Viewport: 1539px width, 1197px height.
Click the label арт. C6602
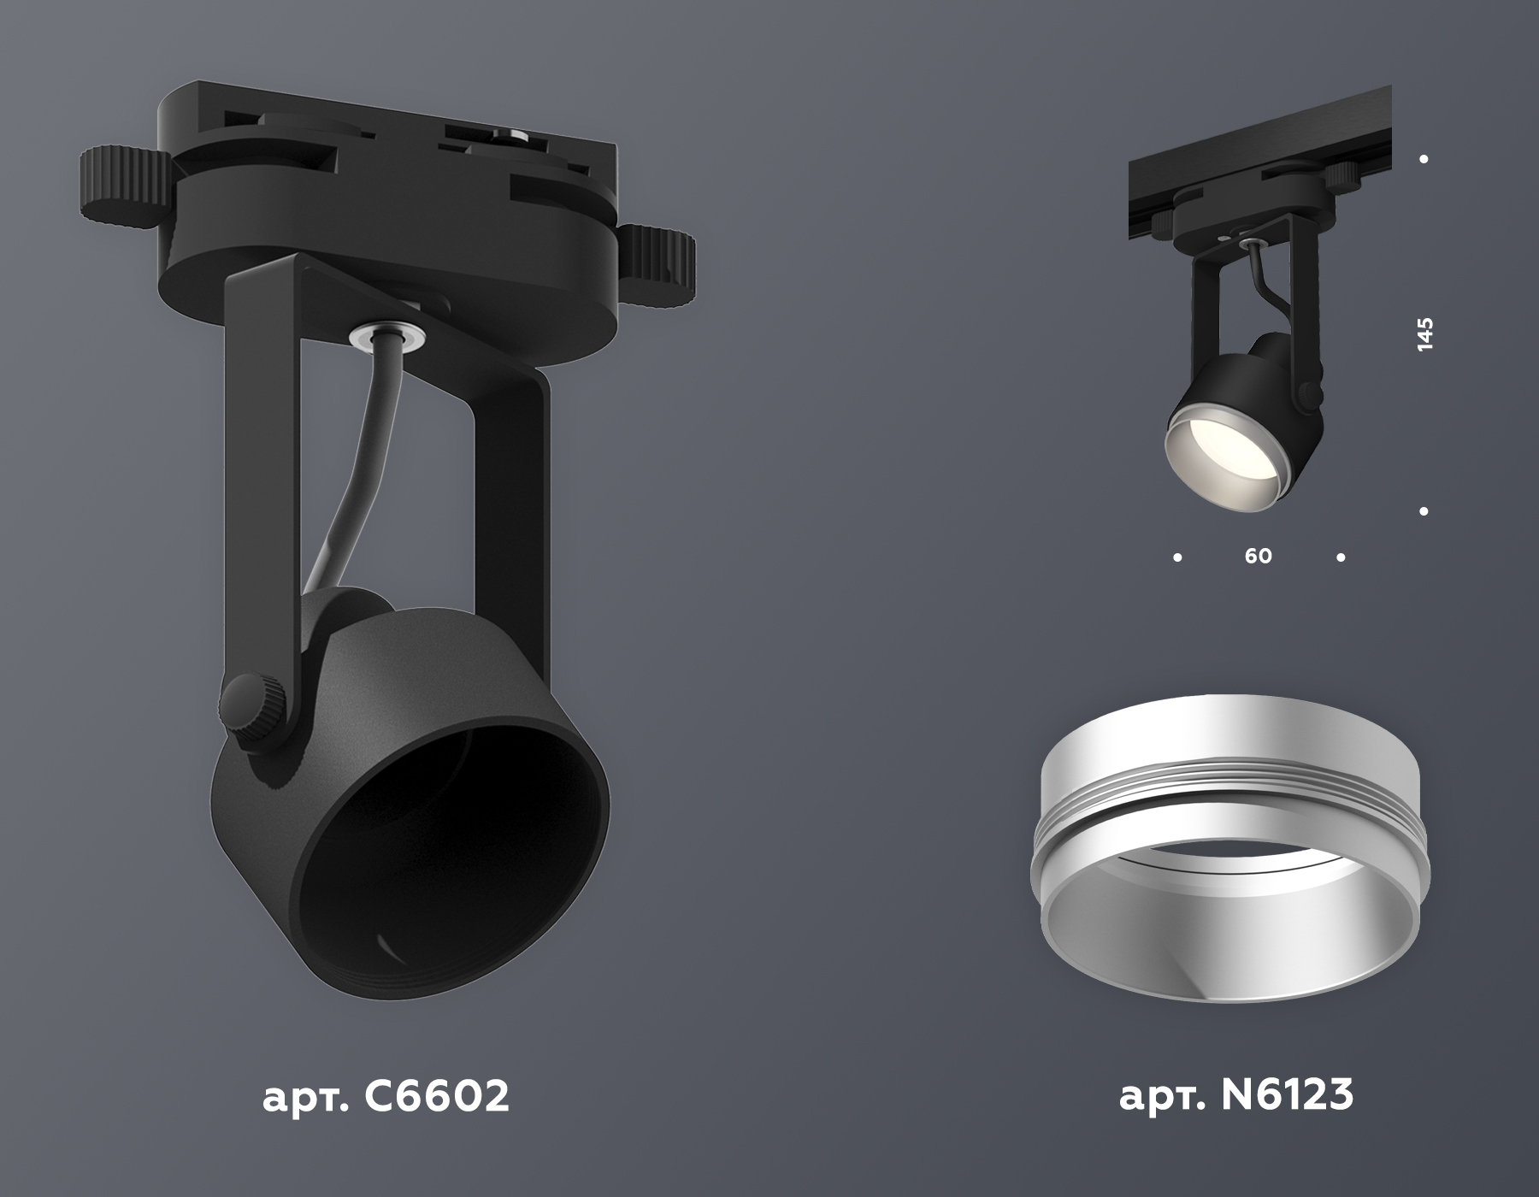(386, 1095)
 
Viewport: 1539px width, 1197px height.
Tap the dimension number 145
(1424, 335)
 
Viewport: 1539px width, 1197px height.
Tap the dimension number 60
(1258, 557)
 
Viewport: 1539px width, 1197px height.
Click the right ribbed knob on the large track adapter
(658, 264)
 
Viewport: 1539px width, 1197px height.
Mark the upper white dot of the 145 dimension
(1424, 159)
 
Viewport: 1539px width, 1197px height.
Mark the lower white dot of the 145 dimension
(1424, 512)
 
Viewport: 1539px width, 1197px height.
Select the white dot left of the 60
(1178, 557)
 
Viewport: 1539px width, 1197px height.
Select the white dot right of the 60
(1341, 557)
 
